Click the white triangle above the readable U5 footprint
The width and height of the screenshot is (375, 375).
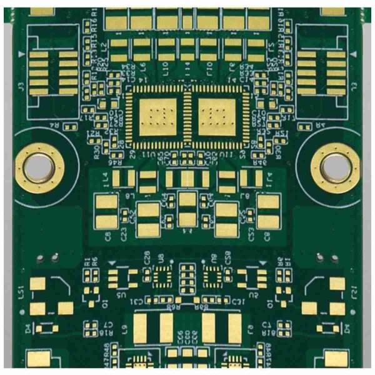[x=112, y=263]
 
